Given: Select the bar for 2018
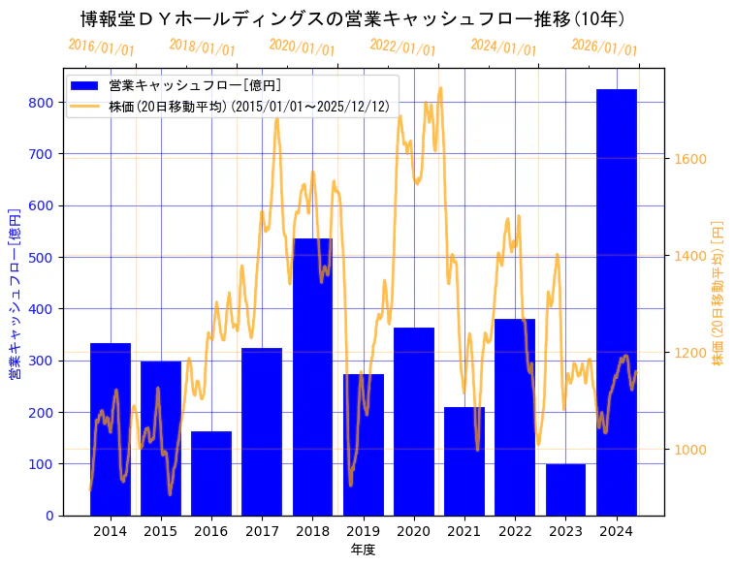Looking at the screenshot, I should (x=312, y=377).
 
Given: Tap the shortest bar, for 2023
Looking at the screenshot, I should (x=565, y=489).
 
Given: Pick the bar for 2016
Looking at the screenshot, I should (x=211, y=473).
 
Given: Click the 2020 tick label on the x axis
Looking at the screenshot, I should (x=413, y=531).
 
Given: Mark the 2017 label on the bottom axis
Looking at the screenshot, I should (x=262, y=531).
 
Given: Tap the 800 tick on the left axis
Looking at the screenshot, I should (x=40, y=102).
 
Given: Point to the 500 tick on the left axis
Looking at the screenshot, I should (x=40, y=257).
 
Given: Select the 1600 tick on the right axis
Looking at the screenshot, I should (x=690, y=159).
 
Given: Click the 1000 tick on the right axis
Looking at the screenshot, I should (x=690, y=450).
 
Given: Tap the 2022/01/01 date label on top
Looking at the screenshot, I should (x=403, y=47).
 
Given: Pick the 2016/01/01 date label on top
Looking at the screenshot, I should (x=102, y=47).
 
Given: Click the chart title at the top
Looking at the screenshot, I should (x=353, y=19).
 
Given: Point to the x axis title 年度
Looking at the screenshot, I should (x=363, y=550).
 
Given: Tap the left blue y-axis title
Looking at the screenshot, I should (x=15, y=292).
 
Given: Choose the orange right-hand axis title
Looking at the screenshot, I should (x=719, y=292).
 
